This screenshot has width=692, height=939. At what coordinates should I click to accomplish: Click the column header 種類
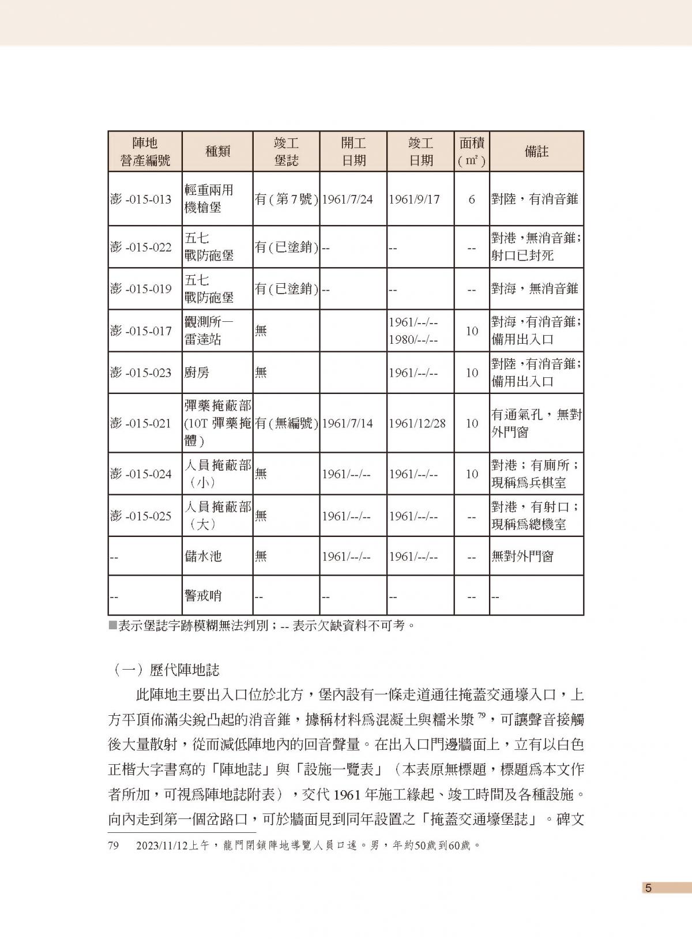click(217, 152)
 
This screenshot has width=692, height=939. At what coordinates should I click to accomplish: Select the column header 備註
click(536, 152)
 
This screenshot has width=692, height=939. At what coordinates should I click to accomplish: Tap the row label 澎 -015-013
click(141, 200)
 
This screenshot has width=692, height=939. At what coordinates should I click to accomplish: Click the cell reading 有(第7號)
click(286, 200)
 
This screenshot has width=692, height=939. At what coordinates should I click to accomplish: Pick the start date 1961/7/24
click(347, 200)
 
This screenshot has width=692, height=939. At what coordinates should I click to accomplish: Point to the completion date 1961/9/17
click(414, 200)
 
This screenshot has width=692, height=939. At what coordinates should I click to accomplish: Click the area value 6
click(472, 200)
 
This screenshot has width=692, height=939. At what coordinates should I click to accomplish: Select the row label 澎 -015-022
click(141, 247)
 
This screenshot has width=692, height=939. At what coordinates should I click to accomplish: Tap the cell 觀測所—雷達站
click(209, 330)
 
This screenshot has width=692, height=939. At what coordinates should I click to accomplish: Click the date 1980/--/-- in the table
click(413, 340)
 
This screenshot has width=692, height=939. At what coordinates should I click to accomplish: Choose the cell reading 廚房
click(197, 373)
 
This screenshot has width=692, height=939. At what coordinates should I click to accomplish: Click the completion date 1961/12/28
click(417, 423)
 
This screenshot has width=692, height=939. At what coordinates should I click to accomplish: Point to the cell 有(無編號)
click(286, 423)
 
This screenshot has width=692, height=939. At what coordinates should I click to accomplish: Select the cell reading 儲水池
click(203, 557)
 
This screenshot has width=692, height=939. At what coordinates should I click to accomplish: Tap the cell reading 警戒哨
click(203, 596)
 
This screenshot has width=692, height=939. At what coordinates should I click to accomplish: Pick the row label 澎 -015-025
click(141, 516)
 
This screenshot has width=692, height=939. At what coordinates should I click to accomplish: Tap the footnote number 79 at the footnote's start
click(114, 846)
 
